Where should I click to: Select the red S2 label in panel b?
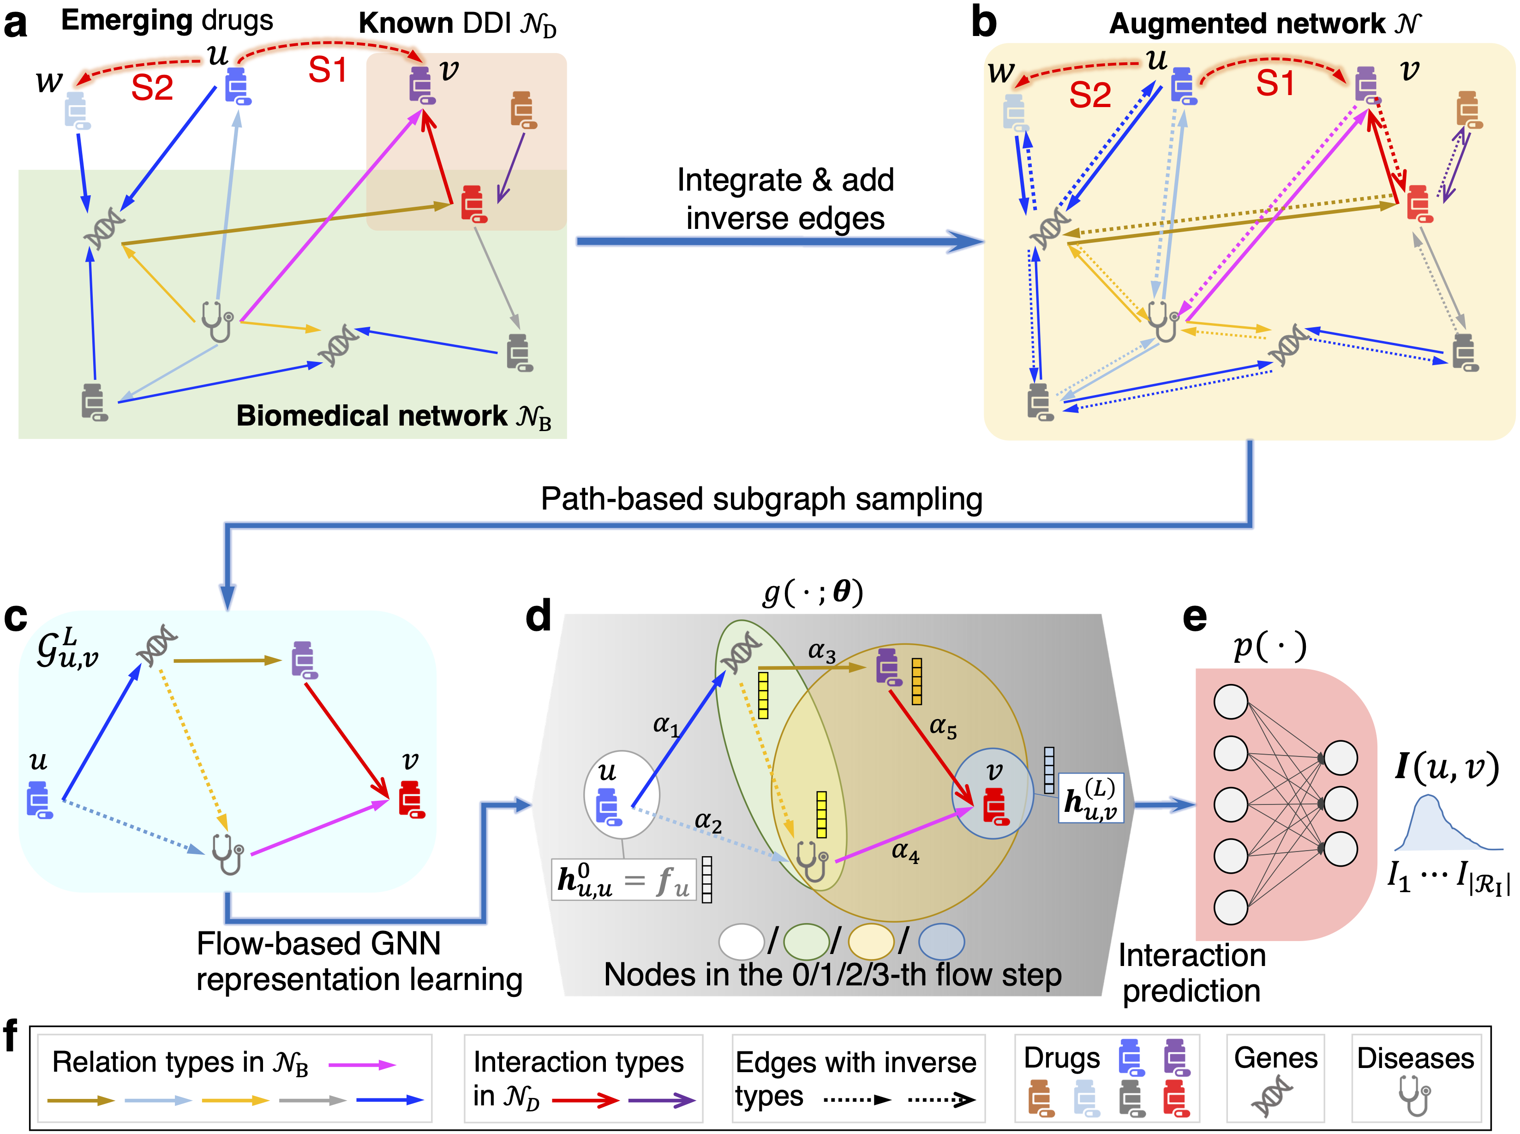pos(1090,95)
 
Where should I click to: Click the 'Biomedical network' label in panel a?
pos(393,416)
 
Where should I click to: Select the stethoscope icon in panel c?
pos(228,853)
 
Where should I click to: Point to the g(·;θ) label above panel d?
pos(813,592)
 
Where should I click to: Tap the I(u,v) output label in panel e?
pos(1447,768)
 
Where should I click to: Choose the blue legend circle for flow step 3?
pos(941,942)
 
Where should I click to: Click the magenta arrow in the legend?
pos(362,1065)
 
